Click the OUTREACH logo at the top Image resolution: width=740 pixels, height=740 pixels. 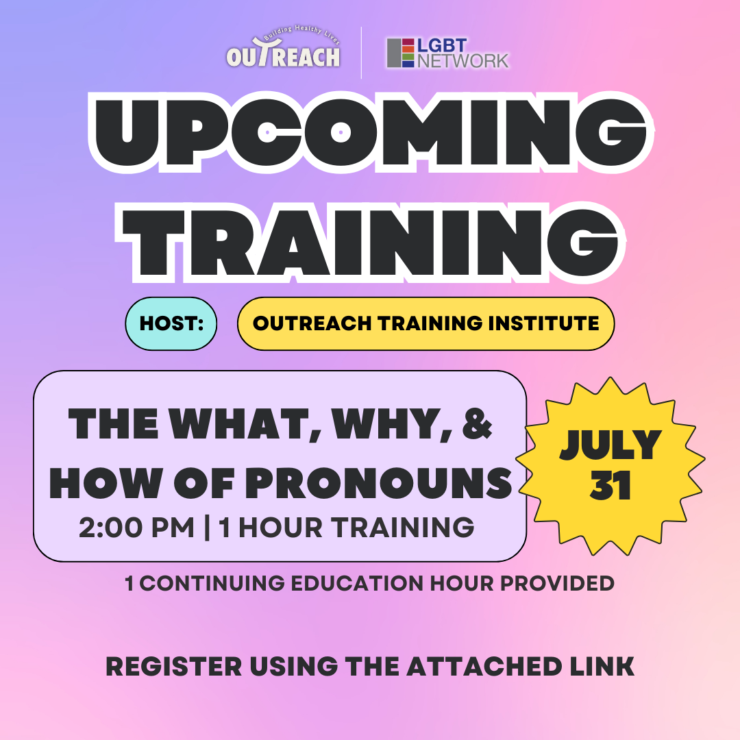283,47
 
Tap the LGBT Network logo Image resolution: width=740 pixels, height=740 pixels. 447,53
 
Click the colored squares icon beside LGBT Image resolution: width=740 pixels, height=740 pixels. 401,53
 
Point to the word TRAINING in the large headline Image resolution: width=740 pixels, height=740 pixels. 371,243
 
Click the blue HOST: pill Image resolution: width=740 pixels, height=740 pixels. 171,323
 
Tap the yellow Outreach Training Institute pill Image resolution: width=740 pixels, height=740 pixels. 425,323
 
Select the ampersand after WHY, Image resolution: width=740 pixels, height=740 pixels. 477,423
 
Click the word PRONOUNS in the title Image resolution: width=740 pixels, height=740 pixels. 378,483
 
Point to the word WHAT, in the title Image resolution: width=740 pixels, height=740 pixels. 245,424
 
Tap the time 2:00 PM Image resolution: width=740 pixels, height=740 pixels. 136,527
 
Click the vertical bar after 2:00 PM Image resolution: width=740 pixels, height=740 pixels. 207,528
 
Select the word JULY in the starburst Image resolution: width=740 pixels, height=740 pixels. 610,445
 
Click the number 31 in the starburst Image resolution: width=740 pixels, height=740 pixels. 610,485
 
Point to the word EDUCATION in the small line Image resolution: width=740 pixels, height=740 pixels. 358,583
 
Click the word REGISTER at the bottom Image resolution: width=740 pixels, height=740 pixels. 173,667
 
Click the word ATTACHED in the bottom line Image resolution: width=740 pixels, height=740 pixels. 484,667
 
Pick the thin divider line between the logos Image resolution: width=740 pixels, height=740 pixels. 362,53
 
